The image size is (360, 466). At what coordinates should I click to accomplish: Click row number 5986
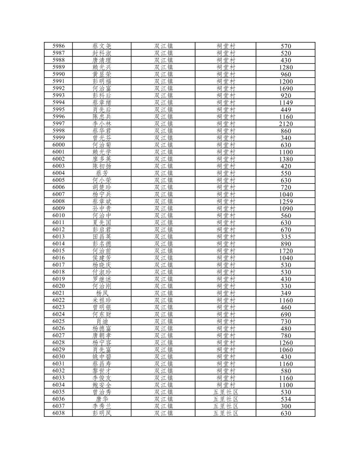(59, 46)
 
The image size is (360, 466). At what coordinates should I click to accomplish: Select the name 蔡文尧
(102, 46)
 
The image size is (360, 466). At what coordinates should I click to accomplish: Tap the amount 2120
(286, 124)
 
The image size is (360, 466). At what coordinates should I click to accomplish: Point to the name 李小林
(102, 124)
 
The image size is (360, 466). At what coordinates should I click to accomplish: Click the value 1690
(286, 89)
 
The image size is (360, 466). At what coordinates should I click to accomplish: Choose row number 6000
(59, 145)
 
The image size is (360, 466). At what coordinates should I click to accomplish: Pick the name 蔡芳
(102, 173)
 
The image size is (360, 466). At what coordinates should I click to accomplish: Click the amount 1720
(286, 251)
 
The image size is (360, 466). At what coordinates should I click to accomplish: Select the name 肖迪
(102, 322)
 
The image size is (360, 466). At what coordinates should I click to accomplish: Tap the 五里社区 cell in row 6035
(225, 392)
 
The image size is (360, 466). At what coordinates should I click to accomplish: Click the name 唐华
(102, 399)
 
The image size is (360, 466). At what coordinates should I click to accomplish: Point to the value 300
(286, 406)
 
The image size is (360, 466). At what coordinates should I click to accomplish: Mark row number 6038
(59, 413)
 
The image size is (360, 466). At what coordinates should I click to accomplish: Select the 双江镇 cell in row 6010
(163, 216)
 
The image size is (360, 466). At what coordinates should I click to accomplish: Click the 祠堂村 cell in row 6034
(225, 385)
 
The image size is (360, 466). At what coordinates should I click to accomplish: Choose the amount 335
(286, 237)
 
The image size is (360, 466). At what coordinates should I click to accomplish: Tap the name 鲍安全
(102, 385)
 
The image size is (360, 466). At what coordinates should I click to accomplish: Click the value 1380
(286, 159)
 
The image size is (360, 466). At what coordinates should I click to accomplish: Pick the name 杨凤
(102, 293)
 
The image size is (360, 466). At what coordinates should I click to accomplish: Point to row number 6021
(59, 293)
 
